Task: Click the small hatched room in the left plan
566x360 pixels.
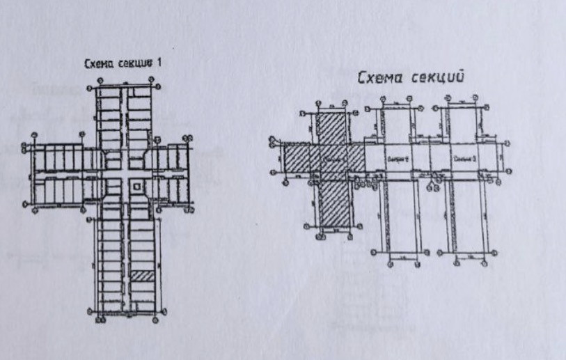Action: pyautogui.click(x=141, y=275)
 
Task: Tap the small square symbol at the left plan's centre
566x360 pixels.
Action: pyautogui.click(x=136, y=185)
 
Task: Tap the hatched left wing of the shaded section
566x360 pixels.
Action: pyautogui.click(x=299, y=159)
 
